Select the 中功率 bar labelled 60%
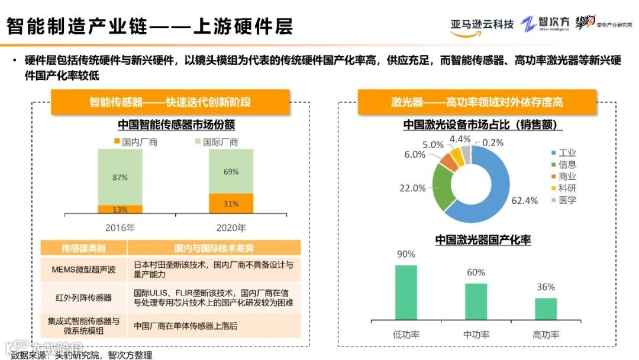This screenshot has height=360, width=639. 476,302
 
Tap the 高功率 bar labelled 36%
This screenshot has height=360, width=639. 546,309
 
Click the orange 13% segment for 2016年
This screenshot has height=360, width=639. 120,209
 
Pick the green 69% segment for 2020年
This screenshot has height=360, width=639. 231,172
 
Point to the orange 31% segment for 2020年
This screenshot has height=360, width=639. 231,203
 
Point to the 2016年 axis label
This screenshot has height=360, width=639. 120,228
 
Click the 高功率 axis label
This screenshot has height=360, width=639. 546,335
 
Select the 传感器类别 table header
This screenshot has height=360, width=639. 83,248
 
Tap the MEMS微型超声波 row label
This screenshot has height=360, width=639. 83,270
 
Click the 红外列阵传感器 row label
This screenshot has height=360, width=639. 83,297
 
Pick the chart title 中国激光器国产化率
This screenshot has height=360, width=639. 483,240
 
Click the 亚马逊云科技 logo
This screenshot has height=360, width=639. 482,25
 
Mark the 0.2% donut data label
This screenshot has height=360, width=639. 493,142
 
